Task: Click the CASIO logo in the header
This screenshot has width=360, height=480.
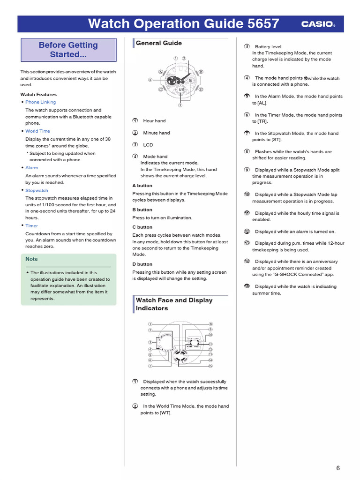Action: [318, 24]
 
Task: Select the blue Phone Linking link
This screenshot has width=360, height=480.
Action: [40, 102]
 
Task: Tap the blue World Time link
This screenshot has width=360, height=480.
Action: [37, 131]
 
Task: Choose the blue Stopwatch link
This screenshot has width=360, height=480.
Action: [37, 191]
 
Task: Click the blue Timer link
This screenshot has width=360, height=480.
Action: [31, 226]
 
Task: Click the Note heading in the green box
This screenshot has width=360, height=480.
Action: [32, 259]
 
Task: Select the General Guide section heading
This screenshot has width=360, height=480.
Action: [158, 43]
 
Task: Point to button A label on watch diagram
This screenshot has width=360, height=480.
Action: [160, 72]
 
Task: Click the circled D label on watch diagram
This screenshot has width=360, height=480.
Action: [201, 89]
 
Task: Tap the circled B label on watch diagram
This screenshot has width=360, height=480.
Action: [201, 72]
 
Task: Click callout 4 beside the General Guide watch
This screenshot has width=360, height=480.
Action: [150, 80]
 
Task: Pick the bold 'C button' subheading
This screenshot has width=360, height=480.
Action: [142, 227]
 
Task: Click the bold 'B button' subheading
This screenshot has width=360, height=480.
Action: [142, 210]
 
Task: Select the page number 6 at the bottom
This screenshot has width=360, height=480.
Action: [337, 468]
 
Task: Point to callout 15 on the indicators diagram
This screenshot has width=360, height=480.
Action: [211, 366]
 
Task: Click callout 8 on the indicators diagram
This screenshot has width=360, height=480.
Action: [211, 324]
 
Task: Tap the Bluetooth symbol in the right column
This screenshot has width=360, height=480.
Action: [306, 78]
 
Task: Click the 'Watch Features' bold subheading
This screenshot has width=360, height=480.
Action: [38, 95]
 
